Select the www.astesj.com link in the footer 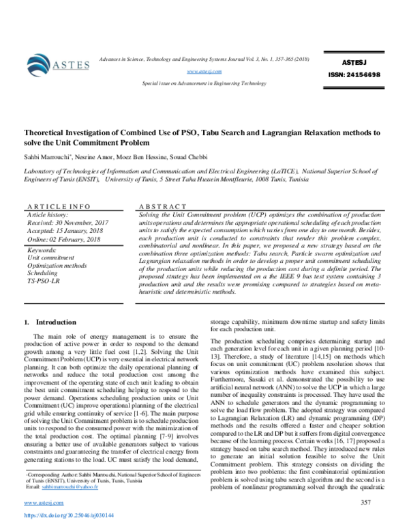point(42,504)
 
